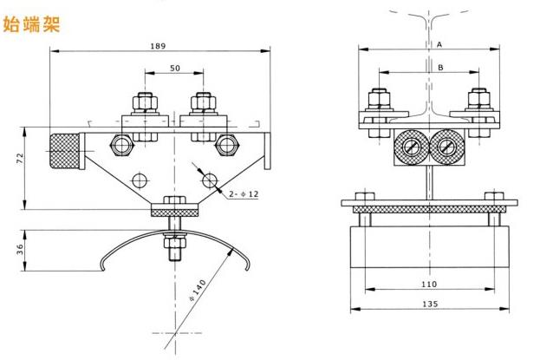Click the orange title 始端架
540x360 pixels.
(34, 23)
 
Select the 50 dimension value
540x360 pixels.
(175, 69)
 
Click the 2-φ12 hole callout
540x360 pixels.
(245, 196)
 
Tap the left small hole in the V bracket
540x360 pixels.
(138, 180)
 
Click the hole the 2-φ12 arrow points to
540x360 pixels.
(209, 180)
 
